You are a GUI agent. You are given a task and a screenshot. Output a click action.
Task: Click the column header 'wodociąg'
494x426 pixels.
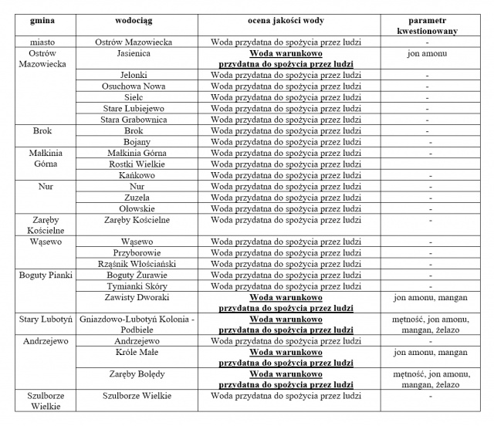tap(137, 19)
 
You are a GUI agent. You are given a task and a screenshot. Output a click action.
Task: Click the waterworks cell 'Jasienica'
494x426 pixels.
tap(137, 55)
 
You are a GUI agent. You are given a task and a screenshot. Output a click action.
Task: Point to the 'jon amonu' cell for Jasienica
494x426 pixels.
tap(427, 55)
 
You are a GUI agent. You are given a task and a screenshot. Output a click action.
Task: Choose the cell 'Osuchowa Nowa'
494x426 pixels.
tap(137, 86)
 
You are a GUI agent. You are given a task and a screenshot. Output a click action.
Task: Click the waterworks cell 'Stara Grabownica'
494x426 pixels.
tap(137, 120)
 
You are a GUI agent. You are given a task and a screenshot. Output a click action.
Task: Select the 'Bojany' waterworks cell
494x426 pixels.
tap(137, 142)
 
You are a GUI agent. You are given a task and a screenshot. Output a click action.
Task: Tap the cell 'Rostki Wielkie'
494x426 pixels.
tap(137, 164)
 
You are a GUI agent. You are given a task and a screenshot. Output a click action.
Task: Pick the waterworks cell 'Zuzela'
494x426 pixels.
tap(137, 198)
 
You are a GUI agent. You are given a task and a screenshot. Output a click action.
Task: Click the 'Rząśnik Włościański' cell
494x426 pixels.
tap(137, 264)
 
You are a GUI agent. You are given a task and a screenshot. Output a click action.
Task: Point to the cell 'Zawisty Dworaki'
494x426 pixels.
tap(137, 297)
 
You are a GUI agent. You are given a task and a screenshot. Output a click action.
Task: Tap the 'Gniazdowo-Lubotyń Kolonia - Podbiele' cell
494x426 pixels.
tap(137, 325)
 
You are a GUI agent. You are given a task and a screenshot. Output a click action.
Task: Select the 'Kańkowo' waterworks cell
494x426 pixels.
tap(137, 175)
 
